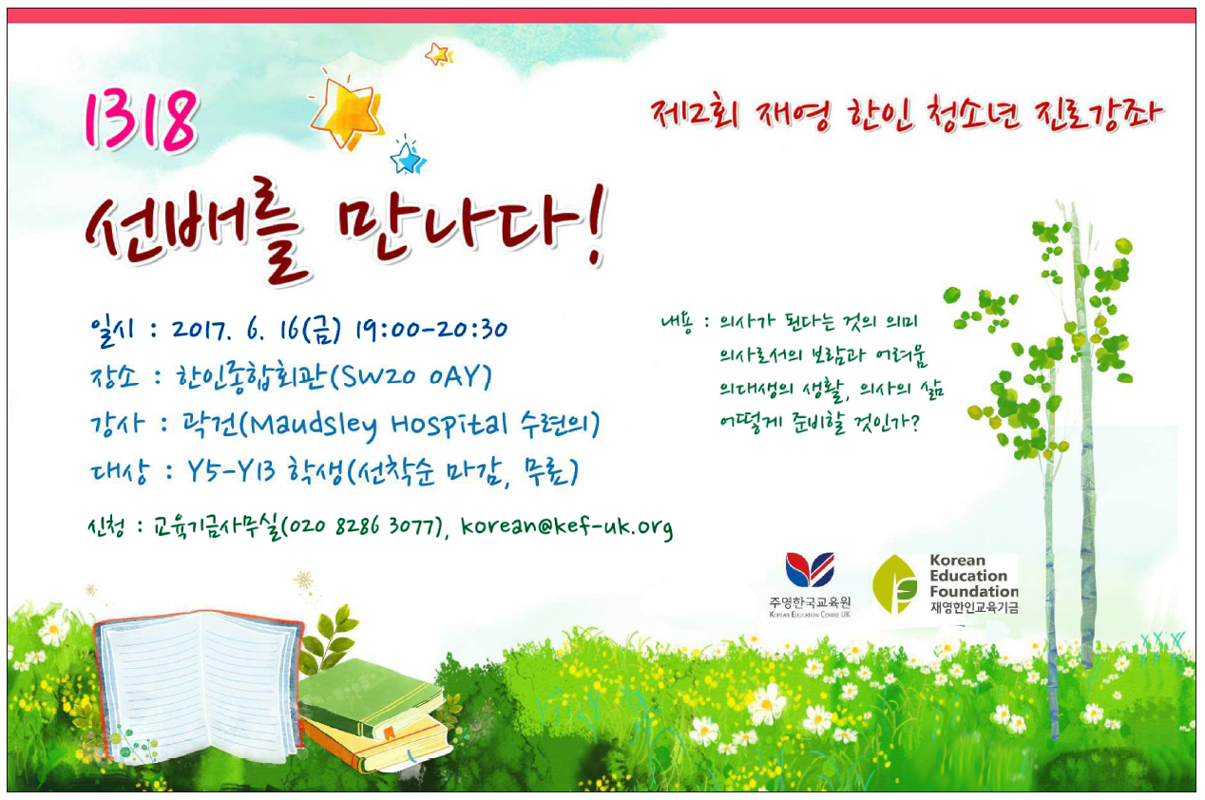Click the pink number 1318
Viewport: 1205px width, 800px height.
click(x=141, y=120)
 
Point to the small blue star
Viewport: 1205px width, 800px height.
click(x=408, y=157)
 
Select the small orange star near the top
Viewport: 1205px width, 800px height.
click(x=438, y=54)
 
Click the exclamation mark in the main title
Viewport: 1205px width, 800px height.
click(x=597, y=226)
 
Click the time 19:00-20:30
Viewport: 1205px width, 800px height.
click(x=431, y=329)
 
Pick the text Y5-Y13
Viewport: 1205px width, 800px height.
click(x=232, y=472)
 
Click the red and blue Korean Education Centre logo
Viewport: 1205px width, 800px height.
click(x=811, y=569)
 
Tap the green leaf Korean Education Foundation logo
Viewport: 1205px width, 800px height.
click(x=894, y=584)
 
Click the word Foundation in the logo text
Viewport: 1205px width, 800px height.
click(x=974, y=591)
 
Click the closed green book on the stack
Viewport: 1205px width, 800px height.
click(x=373, y=697)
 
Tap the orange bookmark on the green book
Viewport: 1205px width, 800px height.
click(x=389, y=732)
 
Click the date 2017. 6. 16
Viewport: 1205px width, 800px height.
click(x=236, y=329)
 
